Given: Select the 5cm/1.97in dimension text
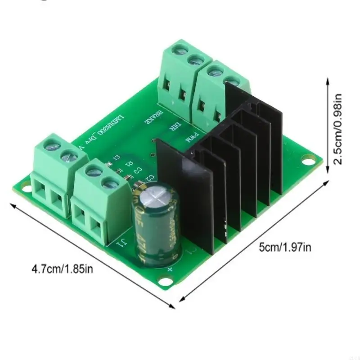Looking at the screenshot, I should [x=284, y=246].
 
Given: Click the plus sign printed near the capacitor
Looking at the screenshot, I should [x=170, y=269].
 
